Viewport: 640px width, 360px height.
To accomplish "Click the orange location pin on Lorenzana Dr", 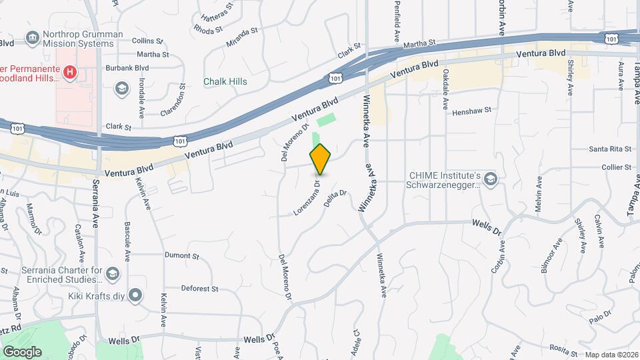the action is point(321,159).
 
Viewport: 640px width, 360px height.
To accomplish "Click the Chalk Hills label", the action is point(225,82).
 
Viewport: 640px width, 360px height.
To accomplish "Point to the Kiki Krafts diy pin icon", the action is point(136,294).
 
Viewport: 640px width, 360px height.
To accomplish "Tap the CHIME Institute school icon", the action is point(491,179).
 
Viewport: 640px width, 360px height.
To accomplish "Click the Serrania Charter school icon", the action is point(113,274).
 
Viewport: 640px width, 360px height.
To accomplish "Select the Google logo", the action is point(22,352).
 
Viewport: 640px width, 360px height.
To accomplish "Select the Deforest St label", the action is point(200,289).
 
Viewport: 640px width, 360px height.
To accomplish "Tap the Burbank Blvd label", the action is point(127,68).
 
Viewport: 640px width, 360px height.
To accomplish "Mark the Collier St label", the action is point(616,167).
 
